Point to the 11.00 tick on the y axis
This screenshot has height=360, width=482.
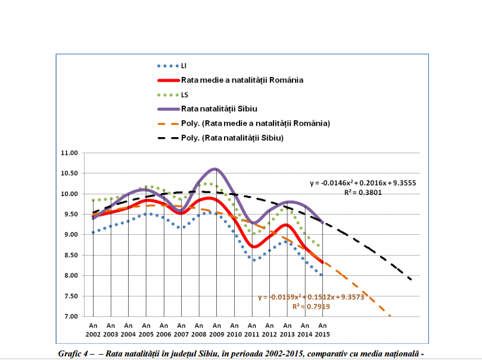coord(70,153)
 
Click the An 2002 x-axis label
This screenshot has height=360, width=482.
coord(93,330)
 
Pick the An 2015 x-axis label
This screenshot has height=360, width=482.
coord(322,330)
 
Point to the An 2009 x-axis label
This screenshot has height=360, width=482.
coord(216,330)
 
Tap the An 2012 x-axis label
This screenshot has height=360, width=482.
coord(269,330)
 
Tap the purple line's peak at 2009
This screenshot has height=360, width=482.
coord(215,169)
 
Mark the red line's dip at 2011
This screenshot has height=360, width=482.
coord(254,246)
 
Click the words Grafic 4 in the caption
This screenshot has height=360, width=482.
coord(74,353)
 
